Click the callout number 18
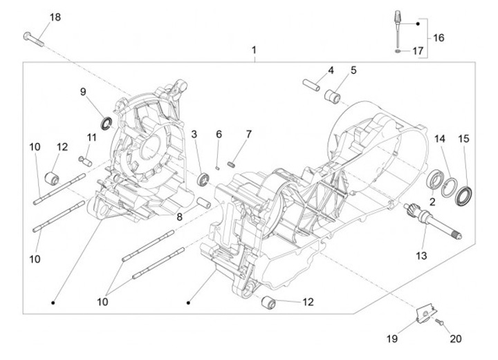click(x=55, y=17)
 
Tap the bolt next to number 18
click(x=33, y=39)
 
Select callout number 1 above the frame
click(x=254, y=50)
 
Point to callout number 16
click(x=439, y=38)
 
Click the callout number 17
click(x=417, y=50)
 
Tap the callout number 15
click(x=464, y=139)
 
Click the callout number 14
click(x=440, y=139)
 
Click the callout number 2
click(x=432, y=202)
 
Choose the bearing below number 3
click(x=203, y=180)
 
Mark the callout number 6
click(x=219, y=133)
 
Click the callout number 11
click(x=91, y=137)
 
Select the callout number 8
click(x=178, y=217)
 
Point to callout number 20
click(x=454, y=339)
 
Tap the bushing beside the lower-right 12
click(x=268, y=303)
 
